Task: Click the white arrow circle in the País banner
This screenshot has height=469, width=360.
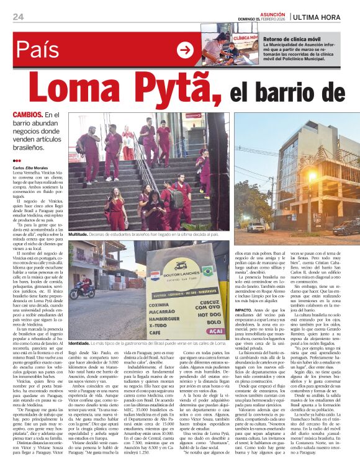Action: [185, 50]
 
